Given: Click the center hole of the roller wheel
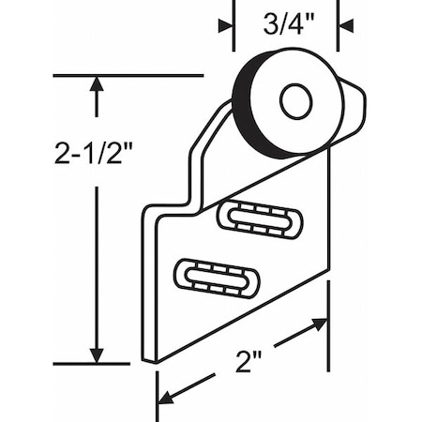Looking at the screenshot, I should tap(296, 100).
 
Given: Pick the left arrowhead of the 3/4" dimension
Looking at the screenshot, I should tap(225, 26).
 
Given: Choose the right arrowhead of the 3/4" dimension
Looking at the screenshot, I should tap(345, 26).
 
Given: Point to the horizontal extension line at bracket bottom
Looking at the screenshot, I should tap(94, 364).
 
